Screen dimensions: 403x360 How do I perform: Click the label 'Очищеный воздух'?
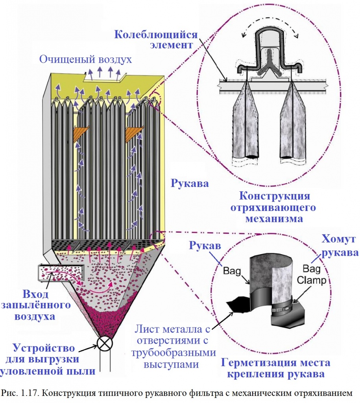point(85,59)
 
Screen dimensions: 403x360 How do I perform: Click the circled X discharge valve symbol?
point(105,343)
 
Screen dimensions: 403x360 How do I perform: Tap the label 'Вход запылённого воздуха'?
point(34,305)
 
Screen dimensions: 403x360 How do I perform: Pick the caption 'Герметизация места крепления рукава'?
point(276,368)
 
